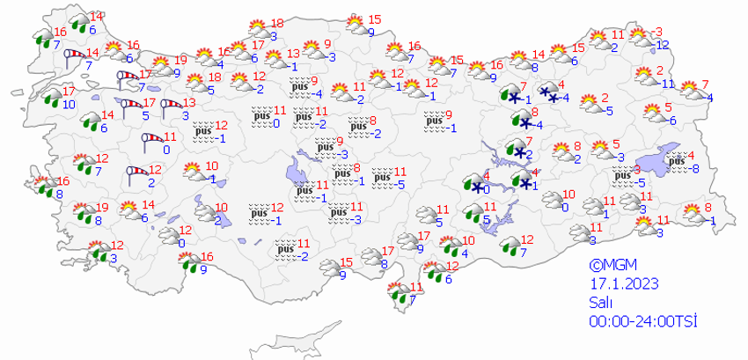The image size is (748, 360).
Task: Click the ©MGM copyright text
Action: coord(612,264)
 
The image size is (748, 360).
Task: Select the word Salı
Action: coord(601,302)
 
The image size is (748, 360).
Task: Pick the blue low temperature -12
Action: coord(663,45)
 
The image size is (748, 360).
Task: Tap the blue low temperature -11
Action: coord(668,84)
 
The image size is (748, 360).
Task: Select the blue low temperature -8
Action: coord(694,167)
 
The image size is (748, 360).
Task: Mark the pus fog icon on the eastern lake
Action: coord(676,159)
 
